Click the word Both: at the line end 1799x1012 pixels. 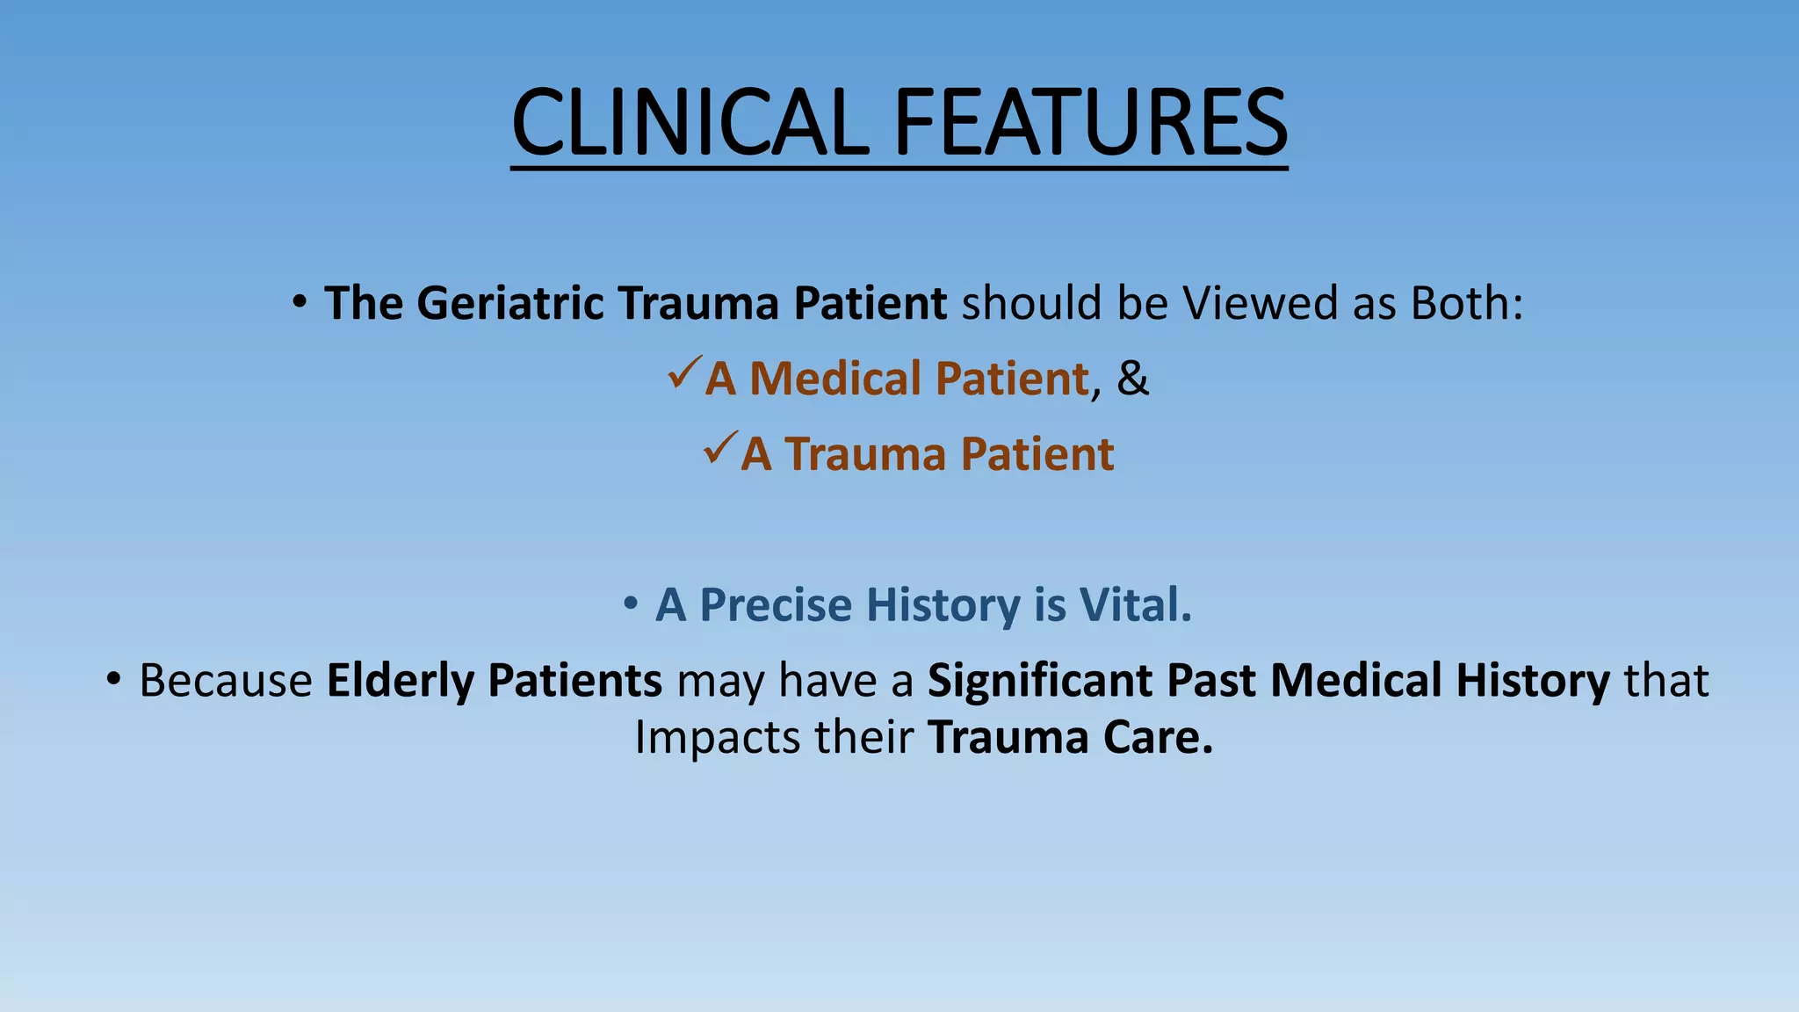click(x=1466, y=303)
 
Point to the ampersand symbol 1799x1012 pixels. click(x=1132, y=379)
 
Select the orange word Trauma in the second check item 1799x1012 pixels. click(x=865, y=454)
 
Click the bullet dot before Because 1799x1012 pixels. click(x=112, y=680)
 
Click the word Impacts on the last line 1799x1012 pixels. click(x=717, y=737)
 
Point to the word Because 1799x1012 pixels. click(x=226, y=681)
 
